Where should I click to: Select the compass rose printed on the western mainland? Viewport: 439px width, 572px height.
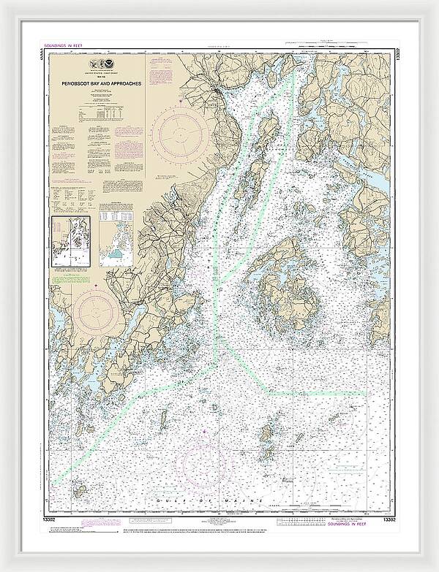pos(97,308)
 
